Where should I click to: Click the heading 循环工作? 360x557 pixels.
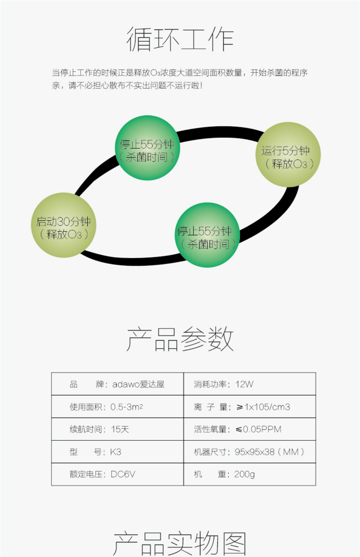(x=180, y=39)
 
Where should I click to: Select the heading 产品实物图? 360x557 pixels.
(x=180, y=544)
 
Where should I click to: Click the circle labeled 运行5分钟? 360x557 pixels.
(x=288, y=154)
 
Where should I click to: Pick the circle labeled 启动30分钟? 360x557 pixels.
(x=64, y=225)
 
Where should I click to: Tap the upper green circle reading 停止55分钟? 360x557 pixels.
(x=147, y=148)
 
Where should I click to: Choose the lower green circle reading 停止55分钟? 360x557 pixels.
(x=207, y=235)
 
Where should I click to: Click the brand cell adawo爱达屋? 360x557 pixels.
(x=138, y=384)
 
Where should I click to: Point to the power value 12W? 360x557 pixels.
(x=244, y=384)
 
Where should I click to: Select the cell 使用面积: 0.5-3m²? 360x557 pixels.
(x=106, y=407)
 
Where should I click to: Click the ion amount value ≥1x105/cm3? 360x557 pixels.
(x=263, y=407)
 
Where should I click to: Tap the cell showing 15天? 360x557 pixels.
(x=120, y=429)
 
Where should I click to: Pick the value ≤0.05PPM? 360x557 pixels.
(x=258, y=429)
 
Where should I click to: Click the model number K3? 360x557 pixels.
(x=116, y=452)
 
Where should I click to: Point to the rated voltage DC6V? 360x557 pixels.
(x=123, y=474)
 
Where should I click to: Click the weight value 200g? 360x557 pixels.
(x=244, y=474)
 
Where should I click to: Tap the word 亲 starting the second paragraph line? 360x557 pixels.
(x=56, y=85)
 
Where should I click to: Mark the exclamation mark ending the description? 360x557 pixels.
(x=201, y=85)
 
